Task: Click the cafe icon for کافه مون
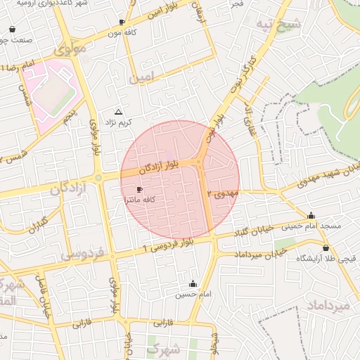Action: tap(123, 22)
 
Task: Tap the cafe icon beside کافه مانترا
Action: tap(139, 190)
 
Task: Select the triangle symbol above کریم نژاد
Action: tap(118, 112)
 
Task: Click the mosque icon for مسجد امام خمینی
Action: tap(311, 216)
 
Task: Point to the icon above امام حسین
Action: tap(193, 284)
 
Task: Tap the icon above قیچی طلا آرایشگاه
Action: tap(326, 248)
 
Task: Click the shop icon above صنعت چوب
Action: tap(13, 30)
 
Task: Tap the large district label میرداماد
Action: tap(328, 306)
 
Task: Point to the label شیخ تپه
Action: tap(299, 26)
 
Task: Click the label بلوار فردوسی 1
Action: tap(168, 245)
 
